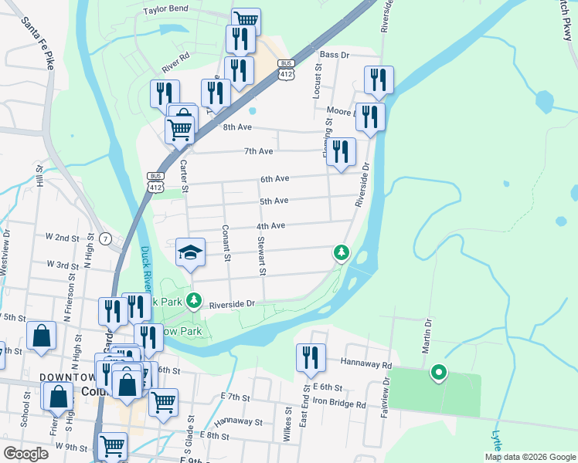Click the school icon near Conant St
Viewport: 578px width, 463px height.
191,252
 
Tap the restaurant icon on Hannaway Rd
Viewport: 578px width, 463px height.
311,358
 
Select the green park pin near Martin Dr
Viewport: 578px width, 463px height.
439,373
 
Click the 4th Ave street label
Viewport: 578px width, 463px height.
271,225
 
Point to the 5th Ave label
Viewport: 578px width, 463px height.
274,201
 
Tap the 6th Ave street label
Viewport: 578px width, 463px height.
274,179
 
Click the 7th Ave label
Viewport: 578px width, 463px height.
258,151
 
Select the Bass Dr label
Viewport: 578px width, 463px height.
335,55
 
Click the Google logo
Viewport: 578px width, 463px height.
25,454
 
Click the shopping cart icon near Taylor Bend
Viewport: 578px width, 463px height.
246,22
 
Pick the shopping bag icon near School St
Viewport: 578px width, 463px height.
42,336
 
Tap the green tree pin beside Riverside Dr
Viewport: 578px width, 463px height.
341,252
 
